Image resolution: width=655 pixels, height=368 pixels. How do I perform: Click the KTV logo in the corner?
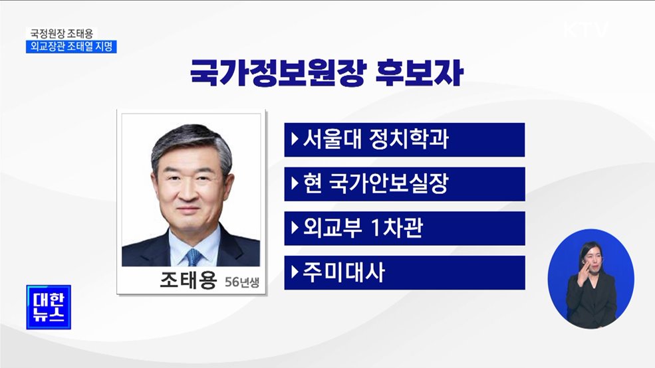click(x=585, y=29)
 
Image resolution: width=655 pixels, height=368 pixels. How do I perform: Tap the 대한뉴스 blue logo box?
click(x=49, y=307)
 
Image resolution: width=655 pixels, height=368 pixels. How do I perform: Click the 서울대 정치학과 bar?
click(x=404, y=139)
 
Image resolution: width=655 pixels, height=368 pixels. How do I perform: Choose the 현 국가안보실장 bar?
click(x=404, y=184)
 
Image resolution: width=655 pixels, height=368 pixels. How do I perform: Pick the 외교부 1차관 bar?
click(x=404, y=228)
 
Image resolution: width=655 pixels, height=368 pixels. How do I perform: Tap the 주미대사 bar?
click(x=404, y=272)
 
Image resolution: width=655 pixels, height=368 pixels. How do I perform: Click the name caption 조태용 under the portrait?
click(x=188, y=280)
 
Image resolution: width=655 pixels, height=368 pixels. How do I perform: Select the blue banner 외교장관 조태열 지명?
click(x=71, y=47)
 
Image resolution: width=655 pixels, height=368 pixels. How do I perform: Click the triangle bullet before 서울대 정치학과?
click(x=295, y=139)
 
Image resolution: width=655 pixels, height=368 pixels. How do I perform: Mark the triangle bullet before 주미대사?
click(x=295, y=272)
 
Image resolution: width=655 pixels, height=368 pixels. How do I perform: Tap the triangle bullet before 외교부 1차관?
click(x=295, y=228)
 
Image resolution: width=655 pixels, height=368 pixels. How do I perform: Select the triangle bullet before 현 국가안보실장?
click(x=295, y=184)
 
